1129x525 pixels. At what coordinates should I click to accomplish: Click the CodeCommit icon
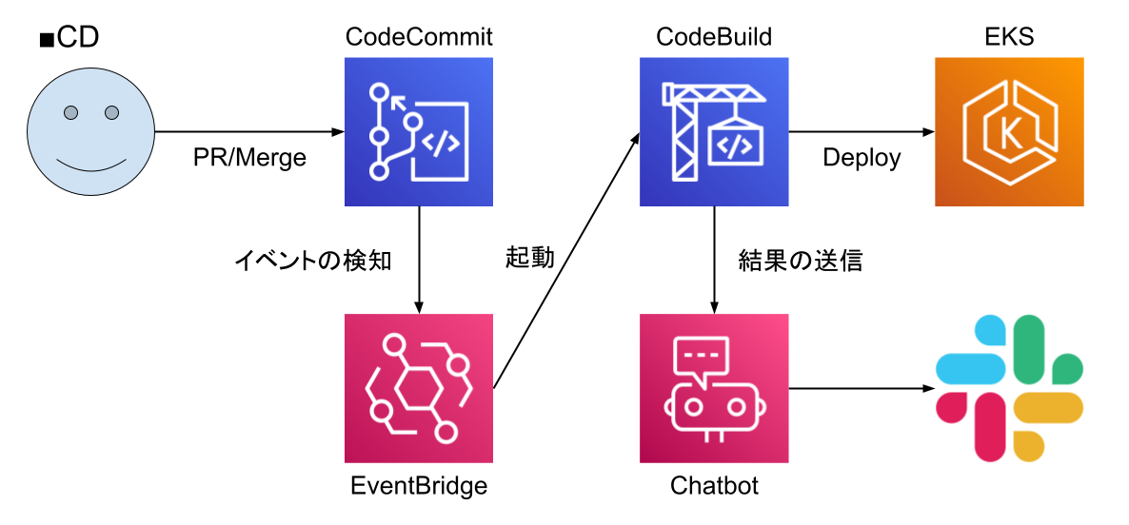419,132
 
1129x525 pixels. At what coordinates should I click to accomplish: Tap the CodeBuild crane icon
714,132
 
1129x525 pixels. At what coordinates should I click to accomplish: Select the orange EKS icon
1009,132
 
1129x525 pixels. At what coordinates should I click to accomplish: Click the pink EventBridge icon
419,388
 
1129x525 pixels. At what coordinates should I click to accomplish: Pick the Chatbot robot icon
714,388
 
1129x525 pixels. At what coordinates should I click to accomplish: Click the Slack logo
1009,388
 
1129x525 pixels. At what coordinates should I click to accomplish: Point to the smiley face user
90,132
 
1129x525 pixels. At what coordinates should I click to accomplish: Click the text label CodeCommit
419,37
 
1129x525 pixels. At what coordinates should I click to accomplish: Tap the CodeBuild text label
714,37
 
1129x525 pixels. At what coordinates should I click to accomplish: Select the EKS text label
1009,37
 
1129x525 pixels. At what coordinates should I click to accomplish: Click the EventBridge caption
419,486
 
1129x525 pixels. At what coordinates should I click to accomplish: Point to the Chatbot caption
714,486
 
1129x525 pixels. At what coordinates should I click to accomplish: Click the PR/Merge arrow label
249,158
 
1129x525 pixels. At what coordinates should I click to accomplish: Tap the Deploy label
862,158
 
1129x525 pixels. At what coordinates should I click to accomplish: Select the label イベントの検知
312,261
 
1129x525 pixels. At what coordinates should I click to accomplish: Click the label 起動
530,258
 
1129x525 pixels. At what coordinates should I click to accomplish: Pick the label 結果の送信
800,261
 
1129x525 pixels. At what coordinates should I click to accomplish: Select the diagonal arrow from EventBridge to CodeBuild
566,261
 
